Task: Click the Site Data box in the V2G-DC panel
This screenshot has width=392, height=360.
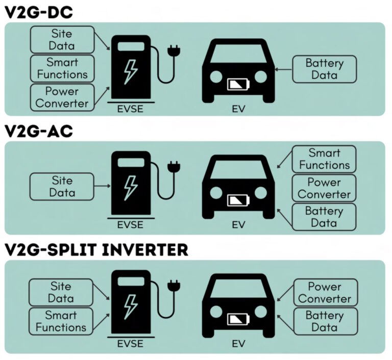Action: [x=62, y=39]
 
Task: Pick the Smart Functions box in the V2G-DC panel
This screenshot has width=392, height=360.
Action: [x=62, y=68]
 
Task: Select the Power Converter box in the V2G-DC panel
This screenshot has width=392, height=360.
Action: [x=62, y=97]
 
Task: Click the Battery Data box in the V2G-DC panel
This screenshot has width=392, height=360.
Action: [x=324, y=69]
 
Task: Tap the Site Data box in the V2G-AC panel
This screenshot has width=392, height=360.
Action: [x=62, y=186]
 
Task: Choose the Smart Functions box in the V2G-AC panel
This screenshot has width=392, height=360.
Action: [x=325, y=159]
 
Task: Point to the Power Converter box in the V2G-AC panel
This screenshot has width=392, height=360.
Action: [x=325, y=188]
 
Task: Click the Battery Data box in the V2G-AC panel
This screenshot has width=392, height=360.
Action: [x=325, y=217]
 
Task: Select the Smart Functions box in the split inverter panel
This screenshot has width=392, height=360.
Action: [x=61, y=321]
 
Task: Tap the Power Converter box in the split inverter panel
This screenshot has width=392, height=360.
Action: [x=325, y=292]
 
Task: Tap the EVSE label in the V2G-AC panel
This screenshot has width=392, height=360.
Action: [x=130, y=224]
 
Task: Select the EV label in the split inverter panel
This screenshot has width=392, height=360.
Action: [x=238, y=344]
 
